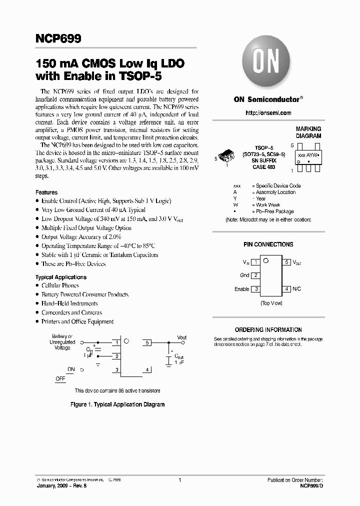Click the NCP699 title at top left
[x=58, y=38]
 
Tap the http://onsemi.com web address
[x=268, y=113]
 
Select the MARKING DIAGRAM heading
[x=308, y=132]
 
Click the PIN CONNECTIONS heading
[x=268, y=244]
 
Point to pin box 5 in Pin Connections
[x=286, y=261]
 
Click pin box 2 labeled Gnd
[x=255, y=275]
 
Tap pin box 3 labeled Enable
[x=255, y=289]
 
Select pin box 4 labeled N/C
[x=286, y=289]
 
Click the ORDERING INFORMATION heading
[x=268, y=330]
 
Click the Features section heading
[x=46, y=192]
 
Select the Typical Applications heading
[x=61, y=277]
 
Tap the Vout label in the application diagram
[x=181, y=337]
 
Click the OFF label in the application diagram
[x=60, y=378]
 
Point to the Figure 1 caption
[x=117, y=404]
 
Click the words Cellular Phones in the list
[x=60, y=285]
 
